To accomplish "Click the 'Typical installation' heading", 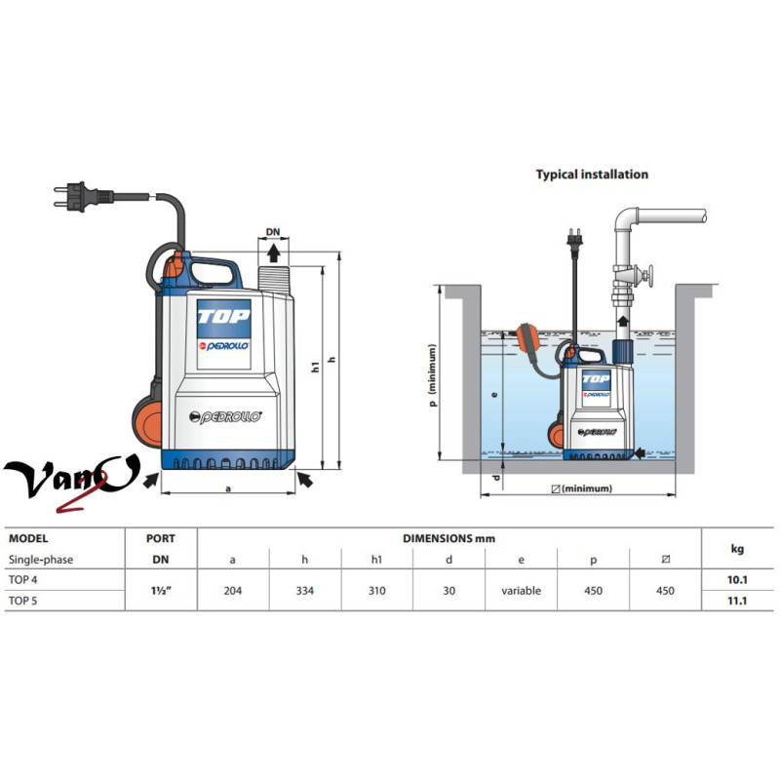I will tap(592, 175).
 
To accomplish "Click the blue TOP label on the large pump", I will tap(224, 316).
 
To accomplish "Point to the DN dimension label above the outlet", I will tap(273, 235).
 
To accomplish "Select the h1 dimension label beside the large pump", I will tap(316, 366).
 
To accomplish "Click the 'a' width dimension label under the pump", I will tap(228, 489).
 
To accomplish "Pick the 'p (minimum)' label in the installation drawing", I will tap(432, 381).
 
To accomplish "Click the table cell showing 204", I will tap(233, 590).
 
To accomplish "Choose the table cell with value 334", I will tap(305, 590).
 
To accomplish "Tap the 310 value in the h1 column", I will tap(377, 590).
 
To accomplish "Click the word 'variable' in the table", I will tap(522, 590).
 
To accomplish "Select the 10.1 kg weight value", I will tap(738, 580).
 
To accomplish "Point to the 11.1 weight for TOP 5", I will tap(738, 601).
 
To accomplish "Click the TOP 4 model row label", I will tap(26, 580).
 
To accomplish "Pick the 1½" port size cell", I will tap(161, 590).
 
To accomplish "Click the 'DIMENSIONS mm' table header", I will tap(449, 538).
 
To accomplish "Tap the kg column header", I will tap(738, 548).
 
